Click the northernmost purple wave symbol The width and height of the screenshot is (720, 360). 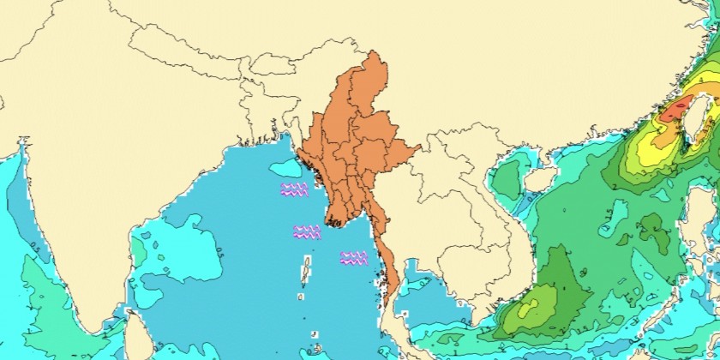click(x=294, y=189)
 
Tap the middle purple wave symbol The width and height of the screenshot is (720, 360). click(x=306, y=231)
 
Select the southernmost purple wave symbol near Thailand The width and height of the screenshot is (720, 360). click(x=353, y=257)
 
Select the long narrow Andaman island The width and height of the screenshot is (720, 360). click(x=305, y=273)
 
